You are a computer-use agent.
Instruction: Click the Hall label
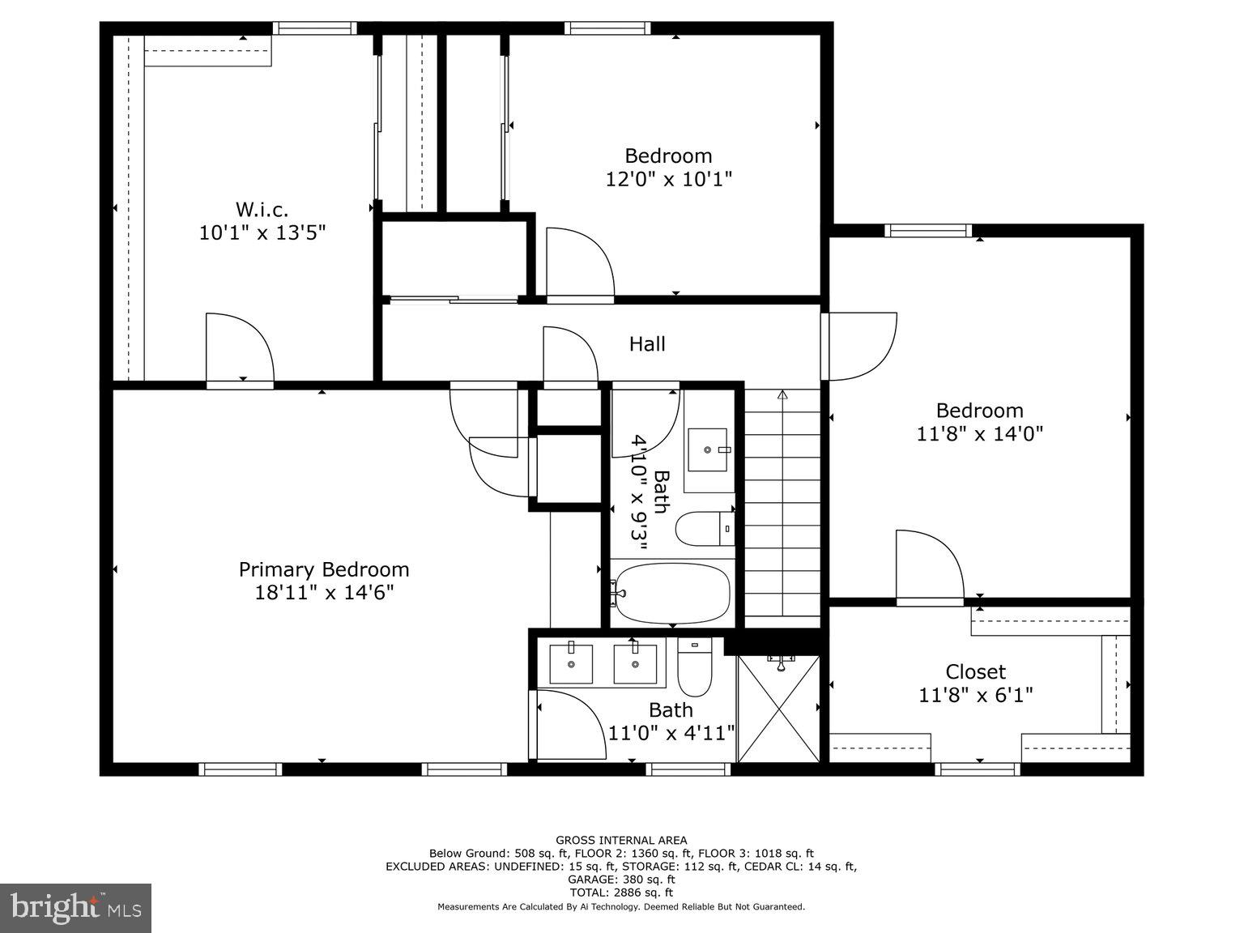click(x=647, y=344)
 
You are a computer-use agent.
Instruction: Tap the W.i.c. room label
click(x=262, y=210)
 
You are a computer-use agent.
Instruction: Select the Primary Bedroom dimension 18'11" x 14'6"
click(x=324, y=593)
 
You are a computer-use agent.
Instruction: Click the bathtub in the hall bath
click(x=671, y=593)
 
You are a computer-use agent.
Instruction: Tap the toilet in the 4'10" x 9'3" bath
click(x=703, y=528)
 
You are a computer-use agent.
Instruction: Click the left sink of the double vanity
click(x=571, y=663)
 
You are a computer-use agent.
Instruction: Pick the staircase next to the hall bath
click(x=782, y=506)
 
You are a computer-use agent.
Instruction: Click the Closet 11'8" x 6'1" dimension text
click(x=976, y=695)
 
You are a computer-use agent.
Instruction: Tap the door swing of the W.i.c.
click(x=239, y=348)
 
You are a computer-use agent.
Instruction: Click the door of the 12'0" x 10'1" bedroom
click(x=578, y=263)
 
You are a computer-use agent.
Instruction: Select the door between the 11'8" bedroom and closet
click(x=928, y=567)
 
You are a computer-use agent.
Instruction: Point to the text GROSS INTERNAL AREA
click(x=621, y=840)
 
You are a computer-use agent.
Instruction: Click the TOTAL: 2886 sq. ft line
click(x=621, y=893)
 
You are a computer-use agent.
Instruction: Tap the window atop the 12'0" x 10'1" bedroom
click(x=607, y=28)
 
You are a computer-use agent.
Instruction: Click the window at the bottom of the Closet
click(x=977, y=769)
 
